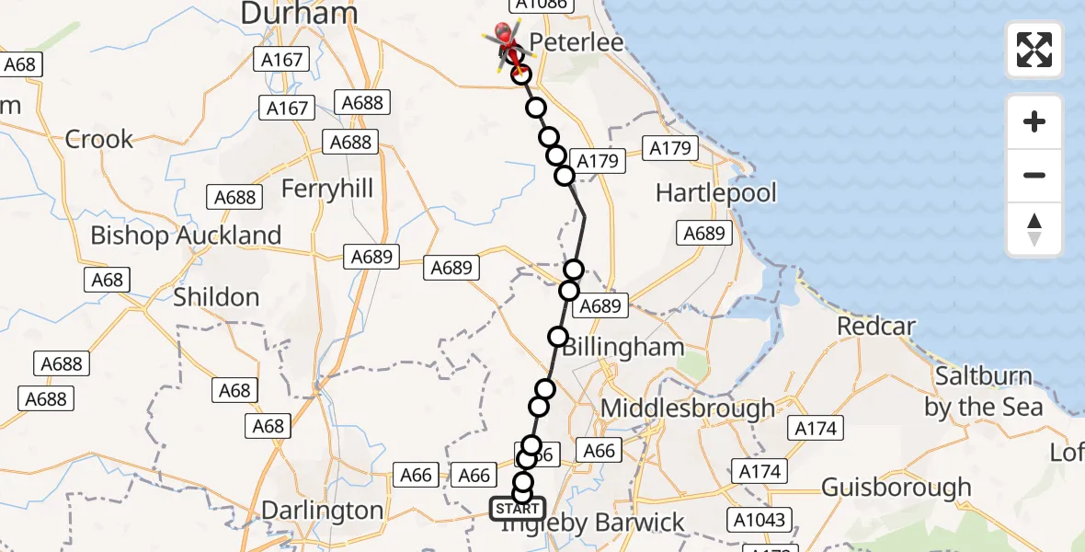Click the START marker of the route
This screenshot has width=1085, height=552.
(517, 509)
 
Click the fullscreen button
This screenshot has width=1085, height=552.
(1034, 50)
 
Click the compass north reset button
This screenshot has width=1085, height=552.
(1034, 229)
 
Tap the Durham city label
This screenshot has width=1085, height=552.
(298, 13)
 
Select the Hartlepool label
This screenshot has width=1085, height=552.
(715, 193)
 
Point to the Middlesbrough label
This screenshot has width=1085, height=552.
(688, 408)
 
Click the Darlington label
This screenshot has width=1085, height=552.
(323, 511)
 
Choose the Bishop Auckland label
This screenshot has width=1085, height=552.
(186, 236)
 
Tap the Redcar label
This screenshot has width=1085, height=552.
(876, 327)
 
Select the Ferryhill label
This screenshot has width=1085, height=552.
(327, 190)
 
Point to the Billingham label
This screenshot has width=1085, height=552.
(622, 348)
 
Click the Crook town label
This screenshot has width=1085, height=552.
(98, 140)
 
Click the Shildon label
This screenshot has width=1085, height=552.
(216, 297)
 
